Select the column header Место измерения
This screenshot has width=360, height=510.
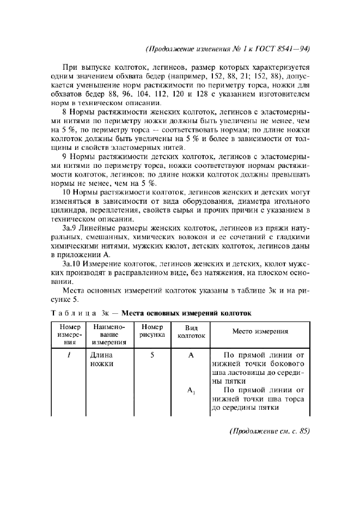(x=260, y=331)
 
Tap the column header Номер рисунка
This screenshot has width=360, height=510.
(x=148, y=331)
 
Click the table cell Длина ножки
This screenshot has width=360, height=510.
(x=101, y=359)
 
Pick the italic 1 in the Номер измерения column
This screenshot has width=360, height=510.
(x=66, y=354)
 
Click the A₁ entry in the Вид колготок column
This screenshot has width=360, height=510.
(x=191, y=390)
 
